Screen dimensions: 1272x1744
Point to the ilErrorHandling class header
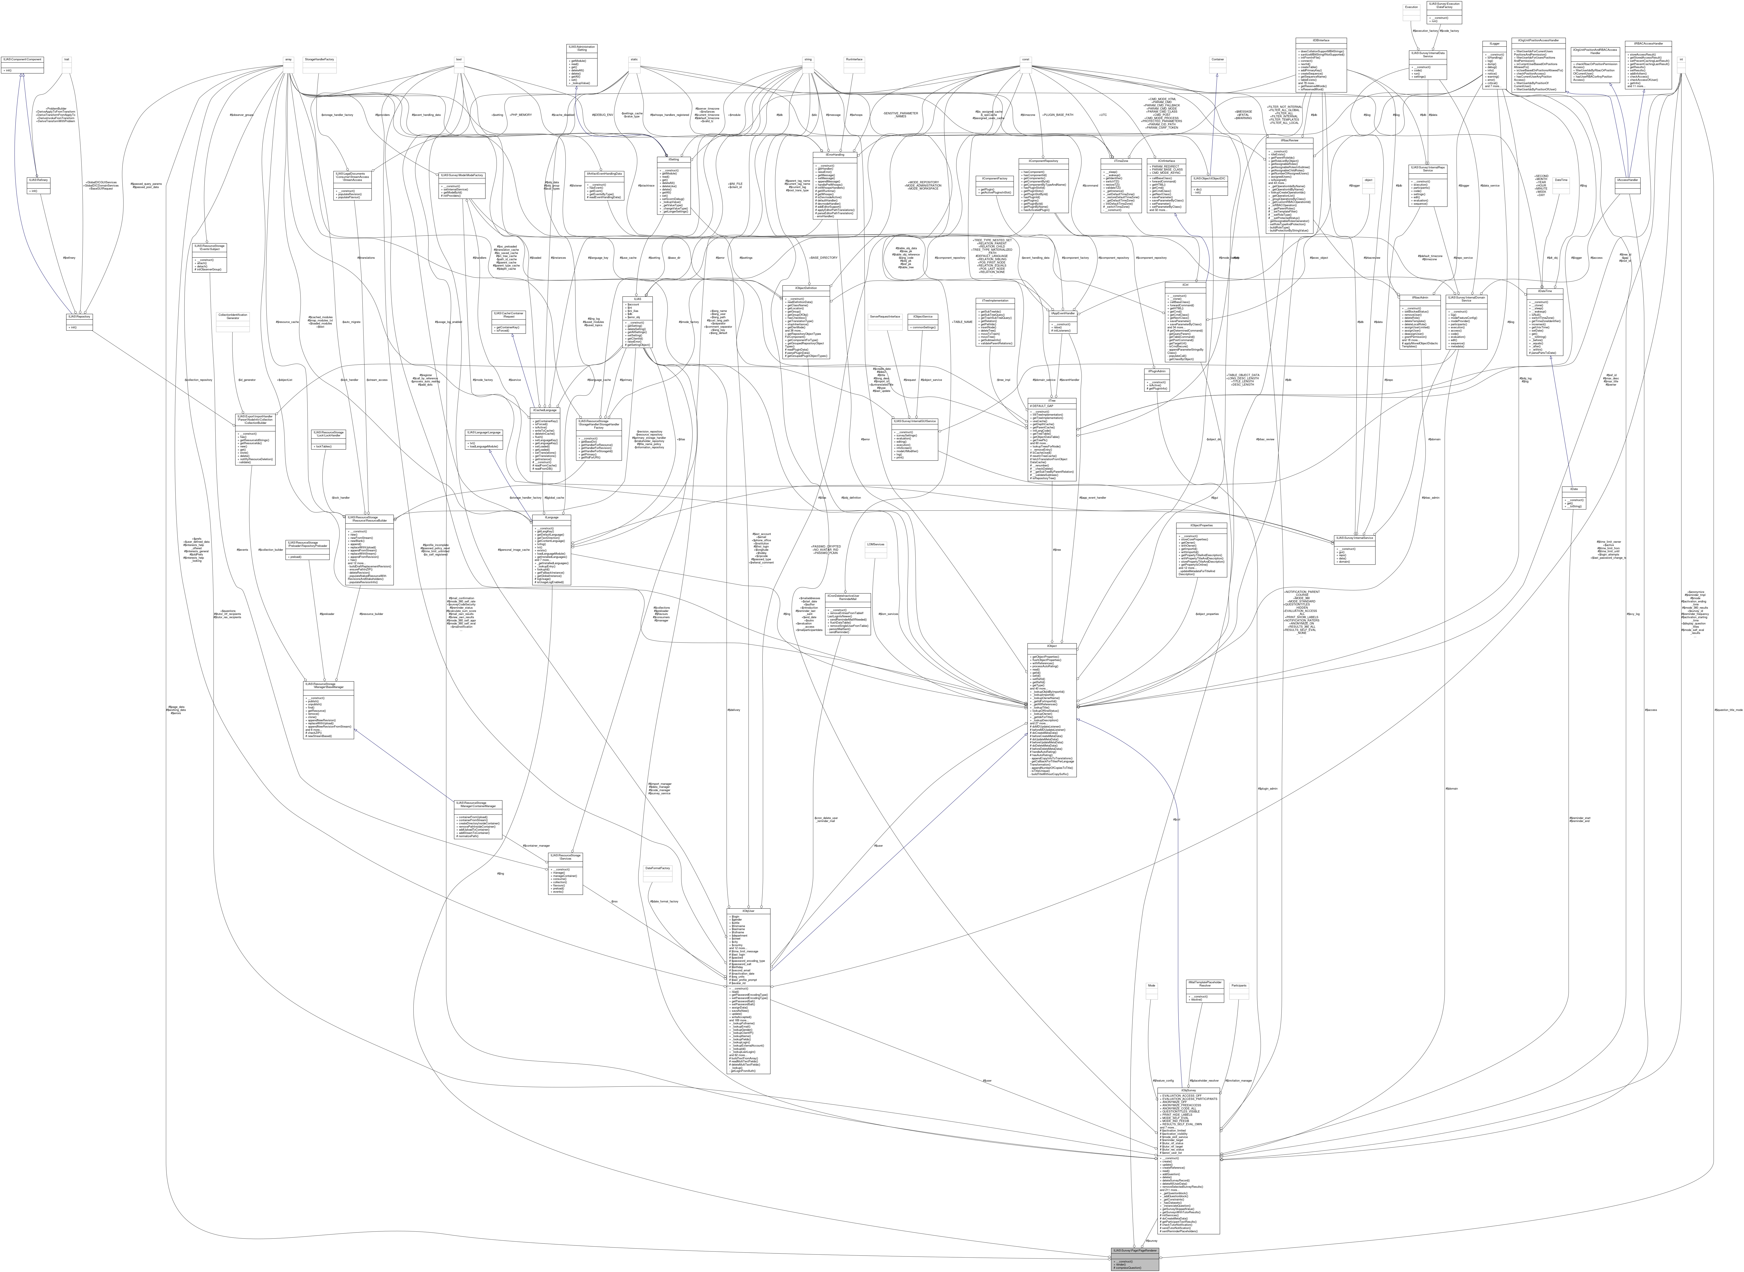click(835, 154)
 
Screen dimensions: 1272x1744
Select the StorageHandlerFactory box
click(320, 59)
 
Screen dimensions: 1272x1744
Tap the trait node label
click(67, 59)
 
